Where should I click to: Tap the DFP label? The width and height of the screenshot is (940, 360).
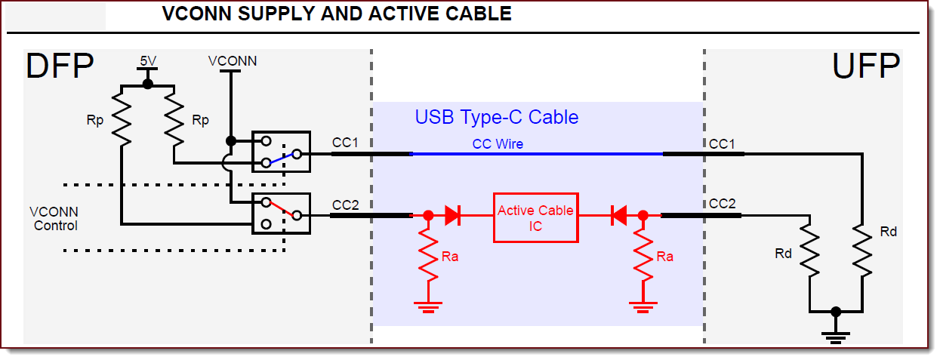(60, 66)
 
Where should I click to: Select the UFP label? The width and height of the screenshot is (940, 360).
(866, 66)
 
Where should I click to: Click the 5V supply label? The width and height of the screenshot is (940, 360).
(148, 61)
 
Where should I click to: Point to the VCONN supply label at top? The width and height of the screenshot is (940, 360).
(233, 61)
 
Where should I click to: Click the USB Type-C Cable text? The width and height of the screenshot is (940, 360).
(497, 117)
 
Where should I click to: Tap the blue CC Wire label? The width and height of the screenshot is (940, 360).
(498, 144)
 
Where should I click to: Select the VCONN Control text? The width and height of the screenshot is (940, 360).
(54, 219)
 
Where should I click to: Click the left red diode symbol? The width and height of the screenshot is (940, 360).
(453, 215)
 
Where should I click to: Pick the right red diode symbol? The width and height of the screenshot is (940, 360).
(619, 215)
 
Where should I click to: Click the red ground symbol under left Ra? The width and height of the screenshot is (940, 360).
(428, 307)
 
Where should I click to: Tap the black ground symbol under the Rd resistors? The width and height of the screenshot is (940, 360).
(836, 338)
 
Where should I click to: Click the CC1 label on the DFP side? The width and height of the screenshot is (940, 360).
(345, 143)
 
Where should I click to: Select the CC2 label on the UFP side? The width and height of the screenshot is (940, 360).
(723, 204)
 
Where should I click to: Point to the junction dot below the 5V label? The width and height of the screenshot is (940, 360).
(148, 84)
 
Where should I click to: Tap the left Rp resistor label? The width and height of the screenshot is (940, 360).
(95, 121)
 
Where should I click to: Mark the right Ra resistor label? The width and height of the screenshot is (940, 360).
(664, 257)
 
